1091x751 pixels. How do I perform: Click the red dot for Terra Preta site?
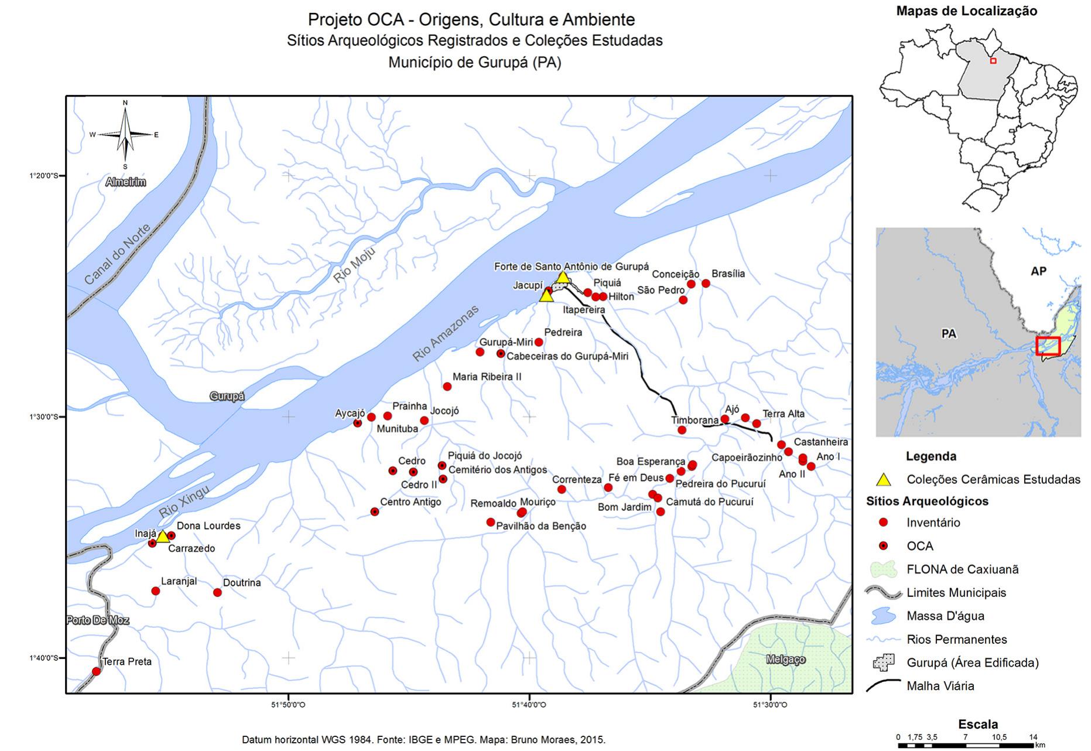click(97, 671)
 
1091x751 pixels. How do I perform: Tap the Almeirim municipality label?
click(126, 182)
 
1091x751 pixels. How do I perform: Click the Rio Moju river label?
click(354, 264)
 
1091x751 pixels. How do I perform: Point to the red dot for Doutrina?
click(217, 592)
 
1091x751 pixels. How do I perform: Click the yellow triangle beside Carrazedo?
click(163, 537)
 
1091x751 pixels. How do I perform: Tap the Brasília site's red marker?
click(706, 284)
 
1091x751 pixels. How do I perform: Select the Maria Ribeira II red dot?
click(447, 387)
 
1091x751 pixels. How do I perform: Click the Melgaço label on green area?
click(785, 660)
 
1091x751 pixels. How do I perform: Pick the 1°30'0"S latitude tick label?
click(44, 417)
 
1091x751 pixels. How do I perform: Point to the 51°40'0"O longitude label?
click(529, 705)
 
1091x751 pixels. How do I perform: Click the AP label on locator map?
click(1038, 271)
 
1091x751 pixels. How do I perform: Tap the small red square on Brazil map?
click(993, 61)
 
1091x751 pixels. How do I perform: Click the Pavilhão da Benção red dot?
click(491, 522)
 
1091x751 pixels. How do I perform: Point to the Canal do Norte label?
click(117, 254)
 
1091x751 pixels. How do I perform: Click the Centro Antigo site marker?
click(375, 512)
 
